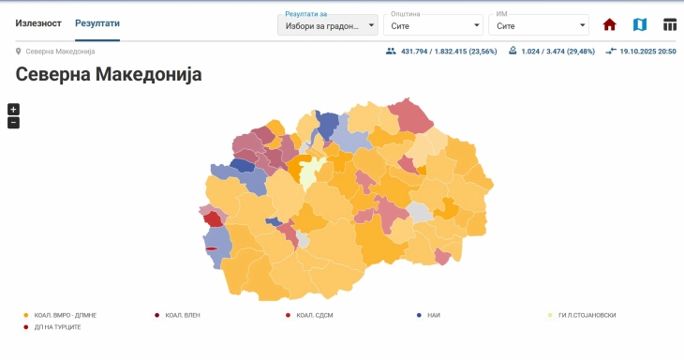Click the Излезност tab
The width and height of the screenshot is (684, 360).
(38, 22)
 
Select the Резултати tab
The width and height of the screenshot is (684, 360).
(97, 22)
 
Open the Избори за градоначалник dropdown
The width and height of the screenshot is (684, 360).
(328, 26)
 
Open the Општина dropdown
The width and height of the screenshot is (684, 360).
(434, 26)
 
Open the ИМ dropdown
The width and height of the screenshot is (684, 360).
(539, 26)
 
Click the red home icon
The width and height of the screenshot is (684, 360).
(610, 25)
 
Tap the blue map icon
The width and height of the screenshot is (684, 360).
(640, 25)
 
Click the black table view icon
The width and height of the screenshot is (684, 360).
(670, 25)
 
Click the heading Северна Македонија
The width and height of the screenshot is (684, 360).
(109, 74)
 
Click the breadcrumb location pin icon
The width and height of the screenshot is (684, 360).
(19, 51)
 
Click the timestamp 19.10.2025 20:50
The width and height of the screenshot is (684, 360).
(647, 51)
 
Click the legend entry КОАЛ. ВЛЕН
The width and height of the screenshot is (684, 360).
(182, 315)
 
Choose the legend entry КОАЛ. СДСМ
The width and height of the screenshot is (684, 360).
(314, 315)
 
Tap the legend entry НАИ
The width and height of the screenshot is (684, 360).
(433, 315)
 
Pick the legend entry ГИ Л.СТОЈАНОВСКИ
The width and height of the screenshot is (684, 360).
(586, 315)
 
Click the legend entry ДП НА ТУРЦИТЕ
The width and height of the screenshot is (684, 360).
(57, 327)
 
